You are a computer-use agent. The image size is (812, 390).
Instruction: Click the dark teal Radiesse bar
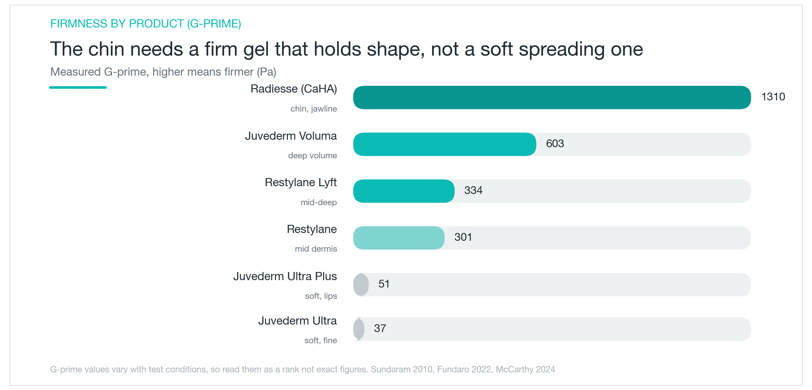pyautogui.click(x=552, y=97)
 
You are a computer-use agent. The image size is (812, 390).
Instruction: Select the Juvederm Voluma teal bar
pyautogui.click(x=445, y=144)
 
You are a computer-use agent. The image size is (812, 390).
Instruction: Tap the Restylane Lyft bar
pyautogui.click(x=404, y=191)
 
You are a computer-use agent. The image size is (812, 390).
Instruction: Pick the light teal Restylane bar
pyautogui.click(x=399, y=238)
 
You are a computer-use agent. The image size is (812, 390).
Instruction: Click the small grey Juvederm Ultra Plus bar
pyautogui.click(x=361, y=285)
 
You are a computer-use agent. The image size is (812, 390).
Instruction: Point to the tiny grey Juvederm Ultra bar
pyautogui.click(x=359, y=329)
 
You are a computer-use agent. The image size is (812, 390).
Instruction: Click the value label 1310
pyautogui.click(x=773, y=97)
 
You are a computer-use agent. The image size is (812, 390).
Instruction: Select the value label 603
pyautogui.click(x=555, y=143)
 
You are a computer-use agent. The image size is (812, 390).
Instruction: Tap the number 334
pyautogui.click(x=473, y=190)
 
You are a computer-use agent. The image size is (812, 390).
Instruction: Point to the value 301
pyautogui.click(x=463, y=237)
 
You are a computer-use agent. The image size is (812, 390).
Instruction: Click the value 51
pyautogui.click(x=384, y=284)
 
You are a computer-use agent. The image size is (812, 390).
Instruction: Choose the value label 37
pyautogui.click(x=380, y=328)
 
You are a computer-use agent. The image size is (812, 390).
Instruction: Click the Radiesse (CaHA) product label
pyautogui.click(x=294, y=89)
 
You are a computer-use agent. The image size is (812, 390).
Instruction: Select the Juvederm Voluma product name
pyautogui.click(x=291, y=136)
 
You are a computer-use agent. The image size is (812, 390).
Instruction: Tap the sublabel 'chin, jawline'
pyautogui.click(x=314, y=109)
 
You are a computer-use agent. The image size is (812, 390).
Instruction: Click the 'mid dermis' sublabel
pyautogui.click(x=316, y=249)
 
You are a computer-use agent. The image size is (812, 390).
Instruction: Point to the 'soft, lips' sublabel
pyautogui.click(x=321, y=296)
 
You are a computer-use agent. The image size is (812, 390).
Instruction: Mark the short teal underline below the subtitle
pyautogui.click(x=78, y=87)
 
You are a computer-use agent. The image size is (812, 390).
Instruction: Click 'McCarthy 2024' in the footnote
pyautogui.click(x=525, y=369)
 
